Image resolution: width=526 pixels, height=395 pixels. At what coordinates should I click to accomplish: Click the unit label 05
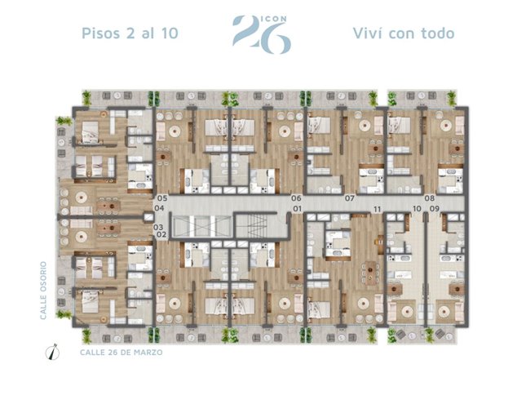point(162,198)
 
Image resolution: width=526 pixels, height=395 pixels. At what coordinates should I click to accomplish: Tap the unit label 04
point(159,208)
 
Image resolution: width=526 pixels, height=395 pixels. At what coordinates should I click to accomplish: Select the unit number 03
point(158,227)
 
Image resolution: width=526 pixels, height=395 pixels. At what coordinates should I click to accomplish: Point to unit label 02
point(161,234)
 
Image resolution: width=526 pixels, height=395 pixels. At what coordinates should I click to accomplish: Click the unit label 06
point(296,198)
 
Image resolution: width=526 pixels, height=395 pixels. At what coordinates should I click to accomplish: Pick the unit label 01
point(297,209)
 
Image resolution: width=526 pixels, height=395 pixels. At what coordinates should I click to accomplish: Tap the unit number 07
point(350,198)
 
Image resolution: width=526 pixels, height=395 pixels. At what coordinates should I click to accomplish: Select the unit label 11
point(378,210)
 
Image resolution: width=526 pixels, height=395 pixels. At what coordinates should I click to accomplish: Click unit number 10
point(417,209)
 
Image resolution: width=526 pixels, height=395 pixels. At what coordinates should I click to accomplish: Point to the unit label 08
point(430,198)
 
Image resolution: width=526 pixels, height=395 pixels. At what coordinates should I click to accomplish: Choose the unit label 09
point(435,209)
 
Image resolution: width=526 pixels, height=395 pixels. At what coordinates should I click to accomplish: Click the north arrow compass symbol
point(52,352)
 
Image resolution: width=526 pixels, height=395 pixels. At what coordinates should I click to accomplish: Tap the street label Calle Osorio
point(43,291)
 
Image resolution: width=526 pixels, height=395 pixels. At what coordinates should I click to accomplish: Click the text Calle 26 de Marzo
point(121,353)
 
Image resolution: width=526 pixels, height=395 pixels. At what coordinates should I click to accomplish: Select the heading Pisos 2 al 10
point(130,33)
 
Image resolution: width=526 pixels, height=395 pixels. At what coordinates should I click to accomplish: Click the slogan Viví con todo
point(404,33)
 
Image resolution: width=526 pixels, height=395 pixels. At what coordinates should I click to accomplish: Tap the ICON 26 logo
point(262,34)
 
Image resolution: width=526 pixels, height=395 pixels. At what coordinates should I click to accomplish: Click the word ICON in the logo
point(274,19)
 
